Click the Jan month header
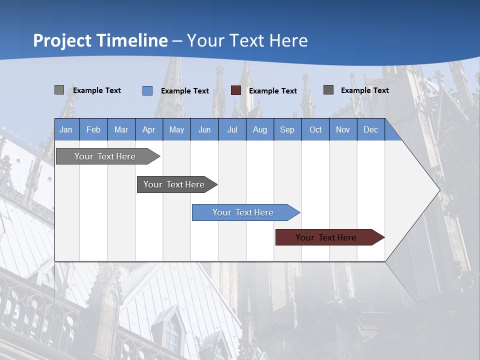tap(66, 129)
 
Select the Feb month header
tap(93, 129)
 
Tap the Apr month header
tap(148, 129)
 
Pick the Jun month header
tap(204, 129)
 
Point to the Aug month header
tap(259, 129)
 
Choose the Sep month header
tap(287, 129)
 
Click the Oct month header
tap(315, 129)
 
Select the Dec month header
tap(370, 129)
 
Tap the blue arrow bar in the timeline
tap(243, 212)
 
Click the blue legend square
tap(147, 90)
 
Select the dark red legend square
tap(236, 90)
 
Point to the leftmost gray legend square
tap(59, 90)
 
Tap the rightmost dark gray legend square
tap(328, 90)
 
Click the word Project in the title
tap(62, 40)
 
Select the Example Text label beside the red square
tap(272, 91)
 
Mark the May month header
tap(176, 129)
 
